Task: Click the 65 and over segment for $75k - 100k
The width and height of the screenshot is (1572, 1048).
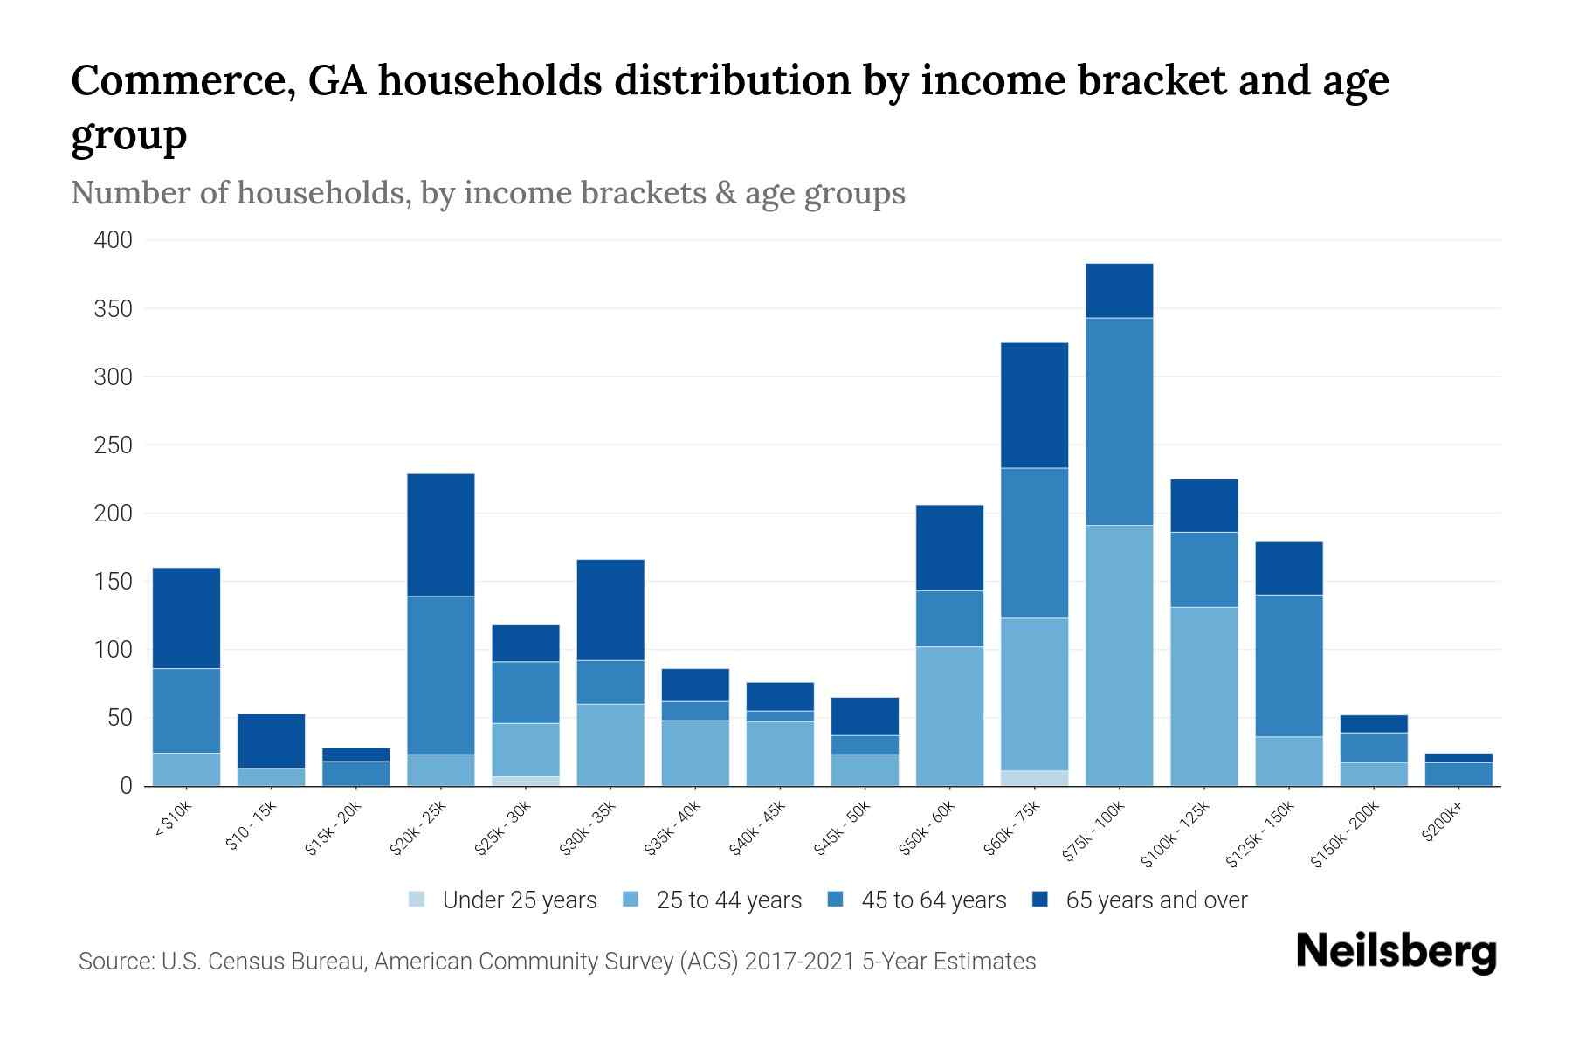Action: [x=1119, y=291]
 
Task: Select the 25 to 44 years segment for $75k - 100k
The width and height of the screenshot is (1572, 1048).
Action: [x=1119, y=655]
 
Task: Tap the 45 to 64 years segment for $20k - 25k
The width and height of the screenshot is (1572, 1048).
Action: [x=441, y=675]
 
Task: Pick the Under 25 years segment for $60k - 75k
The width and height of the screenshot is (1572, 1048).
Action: [x=1034, y=778]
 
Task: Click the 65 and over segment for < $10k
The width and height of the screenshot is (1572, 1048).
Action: [x=186, y=618]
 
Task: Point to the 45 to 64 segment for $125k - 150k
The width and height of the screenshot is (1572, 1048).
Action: [x=1288, y=665]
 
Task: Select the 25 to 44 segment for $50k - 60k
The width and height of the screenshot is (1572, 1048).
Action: [x=949, y=716]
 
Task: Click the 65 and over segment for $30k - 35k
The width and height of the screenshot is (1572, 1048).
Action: [x=610, y=610]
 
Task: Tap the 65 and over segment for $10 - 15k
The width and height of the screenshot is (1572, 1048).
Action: [x=272, y=741]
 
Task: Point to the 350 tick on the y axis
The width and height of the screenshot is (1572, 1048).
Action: [x=113, y=308]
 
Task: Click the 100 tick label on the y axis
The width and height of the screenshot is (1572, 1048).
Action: [x=113, y=650]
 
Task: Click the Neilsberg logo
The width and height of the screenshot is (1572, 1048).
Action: [x=1396, y=952]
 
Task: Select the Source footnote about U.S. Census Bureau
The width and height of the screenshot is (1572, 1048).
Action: [x=557, y=962]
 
